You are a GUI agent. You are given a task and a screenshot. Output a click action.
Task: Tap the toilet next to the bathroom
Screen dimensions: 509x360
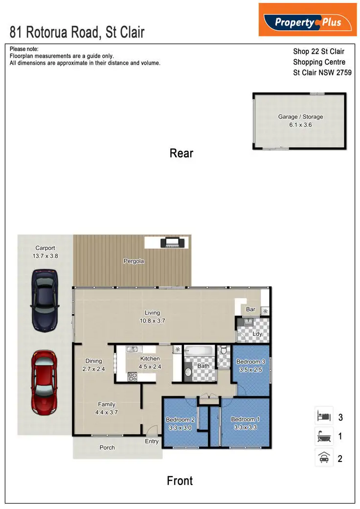[x=224, y=351]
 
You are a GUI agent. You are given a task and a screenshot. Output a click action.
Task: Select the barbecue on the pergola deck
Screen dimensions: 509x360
[x=173, y=242]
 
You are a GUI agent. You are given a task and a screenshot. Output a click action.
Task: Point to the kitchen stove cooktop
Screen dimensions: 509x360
[x=132, y=376]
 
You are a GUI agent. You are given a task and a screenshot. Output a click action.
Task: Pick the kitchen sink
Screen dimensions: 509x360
[x=133, y=349]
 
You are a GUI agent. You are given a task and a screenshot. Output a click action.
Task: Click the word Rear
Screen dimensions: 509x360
[x=181, y=153]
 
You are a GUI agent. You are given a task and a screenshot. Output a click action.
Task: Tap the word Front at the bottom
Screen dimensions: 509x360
[x=180, y=481]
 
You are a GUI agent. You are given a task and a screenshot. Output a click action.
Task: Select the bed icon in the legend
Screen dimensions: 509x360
[x=323, y=416]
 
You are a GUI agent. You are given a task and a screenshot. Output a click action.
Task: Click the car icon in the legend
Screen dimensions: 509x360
[x=323, y=458]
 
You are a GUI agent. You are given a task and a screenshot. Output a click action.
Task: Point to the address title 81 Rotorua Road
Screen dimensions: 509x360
[x=77, y=32]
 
